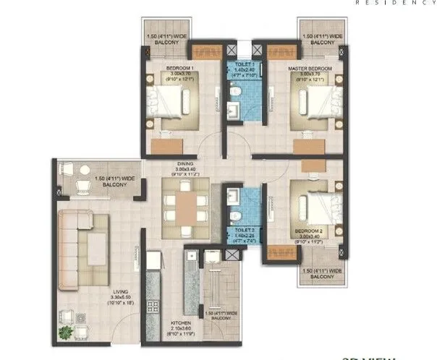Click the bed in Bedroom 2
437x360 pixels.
click(312, 202)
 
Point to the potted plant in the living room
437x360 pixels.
click(67, 333)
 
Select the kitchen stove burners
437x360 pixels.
click(153, 304)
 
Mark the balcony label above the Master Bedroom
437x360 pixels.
click(319, 39)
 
